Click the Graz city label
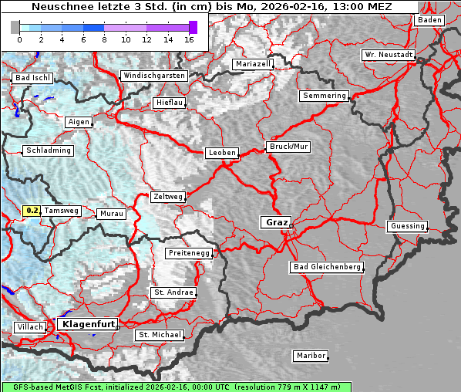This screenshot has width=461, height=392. (x=276, y=222)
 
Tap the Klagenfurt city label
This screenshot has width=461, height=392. (x=88, y=324)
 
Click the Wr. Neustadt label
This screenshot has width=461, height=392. (x=389, y=56)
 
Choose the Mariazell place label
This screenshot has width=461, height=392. (x=254, y=64)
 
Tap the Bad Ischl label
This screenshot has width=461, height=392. (x=32, y=78)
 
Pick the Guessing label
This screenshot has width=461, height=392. (x=407, y=226)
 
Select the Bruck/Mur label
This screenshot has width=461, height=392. (x=288, y=146)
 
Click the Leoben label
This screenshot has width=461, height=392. (x=222, y=153)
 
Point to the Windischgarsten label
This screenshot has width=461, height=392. (x=153, y=76)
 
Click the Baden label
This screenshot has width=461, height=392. (x=429, y=20)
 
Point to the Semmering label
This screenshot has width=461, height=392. (x=325, y=96)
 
